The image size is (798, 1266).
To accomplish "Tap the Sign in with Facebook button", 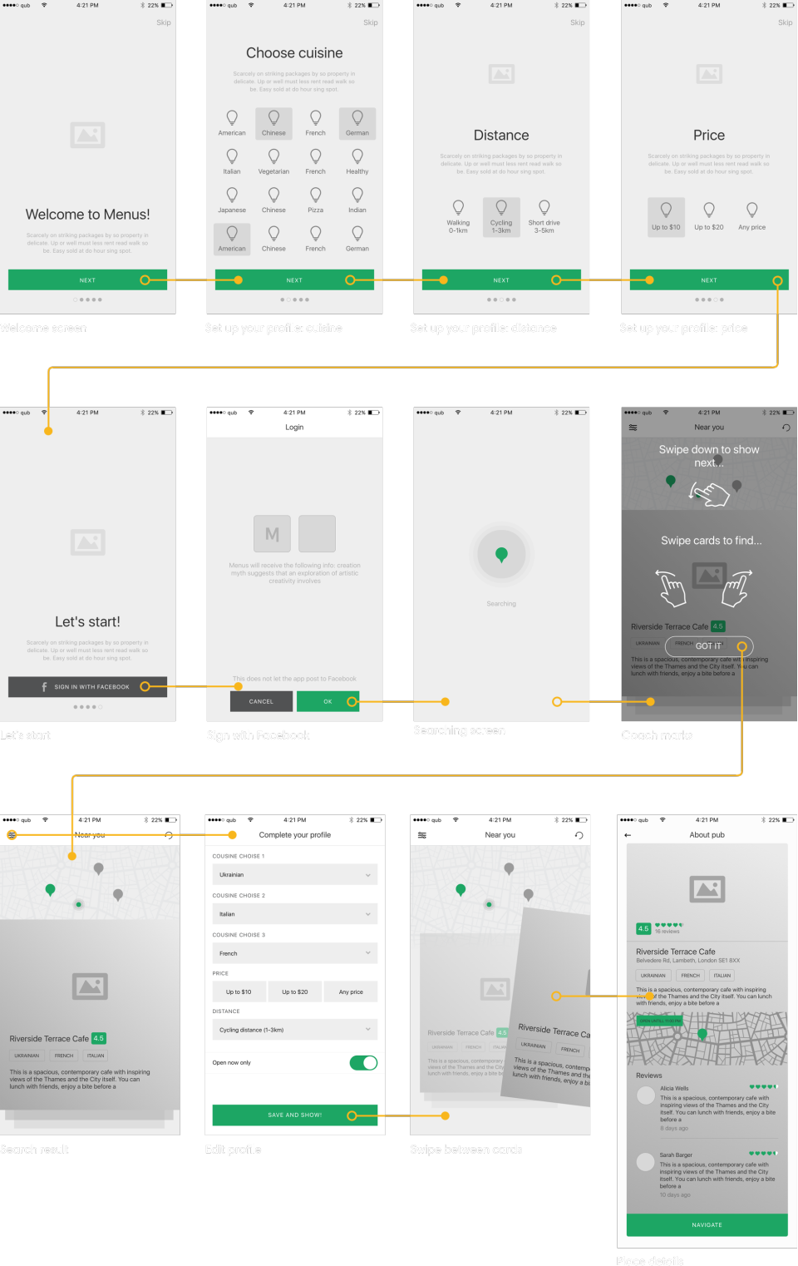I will pos(87,686).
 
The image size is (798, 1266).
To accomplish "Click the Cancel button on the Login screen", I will pos(261,701).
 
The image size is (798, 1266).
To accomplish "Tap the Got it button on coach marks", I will pos(709,646).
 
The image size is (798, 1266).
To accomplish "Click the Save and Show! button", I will pos(294,1115).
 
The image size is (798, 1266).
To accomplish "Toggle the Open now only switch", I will pos(363,1062).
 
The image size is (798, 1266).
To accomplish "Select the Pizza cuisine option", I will pos(315,200).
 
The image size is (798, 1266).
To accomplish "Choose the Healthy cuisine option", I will pos(357,161).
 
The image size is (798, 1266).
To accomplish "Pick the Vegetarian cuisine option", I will pos(273,161).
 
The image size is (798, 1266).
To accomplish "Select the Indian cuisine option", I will pos(357,200).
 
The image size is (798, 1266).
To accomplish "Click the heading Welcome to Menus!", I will pos(87,215).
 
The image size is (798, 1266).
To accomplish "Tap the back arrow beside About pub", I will pos(628,835).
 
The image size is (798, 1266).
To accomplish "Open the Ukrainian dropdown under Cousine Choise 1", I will pos(294,874).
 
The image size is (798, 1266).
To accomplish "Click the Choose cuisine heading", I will pos(294,53).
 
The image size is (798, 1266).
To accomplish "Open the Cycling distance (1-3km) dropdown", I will pos(294,1030).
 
